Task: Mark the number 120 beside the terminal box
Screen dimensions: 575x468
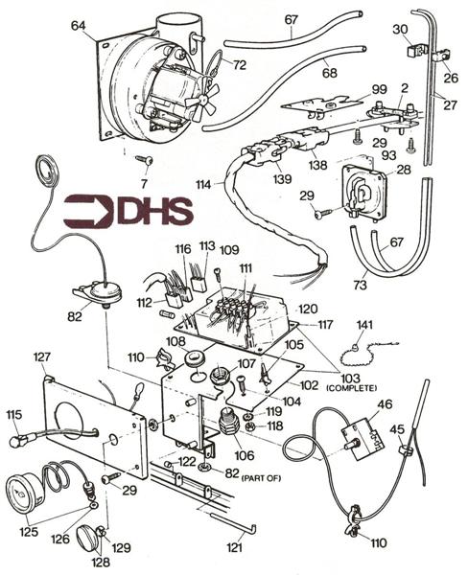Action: (306, 310)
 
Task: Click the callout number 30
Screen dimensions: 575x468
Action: (400, 30)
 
